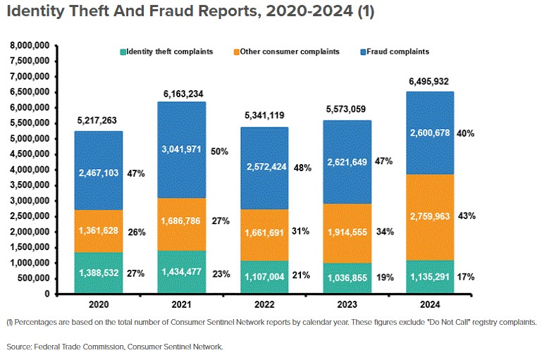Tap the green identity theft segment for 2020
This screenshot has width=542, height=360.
99,273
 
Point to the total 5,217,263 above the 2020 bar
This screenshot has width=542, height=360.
99,121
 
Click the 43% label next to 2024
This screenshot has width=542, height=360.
466,216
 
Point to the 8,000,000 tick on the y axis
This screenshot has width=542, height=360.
29,45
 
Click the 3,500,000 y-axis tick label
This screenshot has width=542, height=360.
29,185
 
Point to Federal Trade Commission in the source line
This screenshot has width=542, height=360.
73,347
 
